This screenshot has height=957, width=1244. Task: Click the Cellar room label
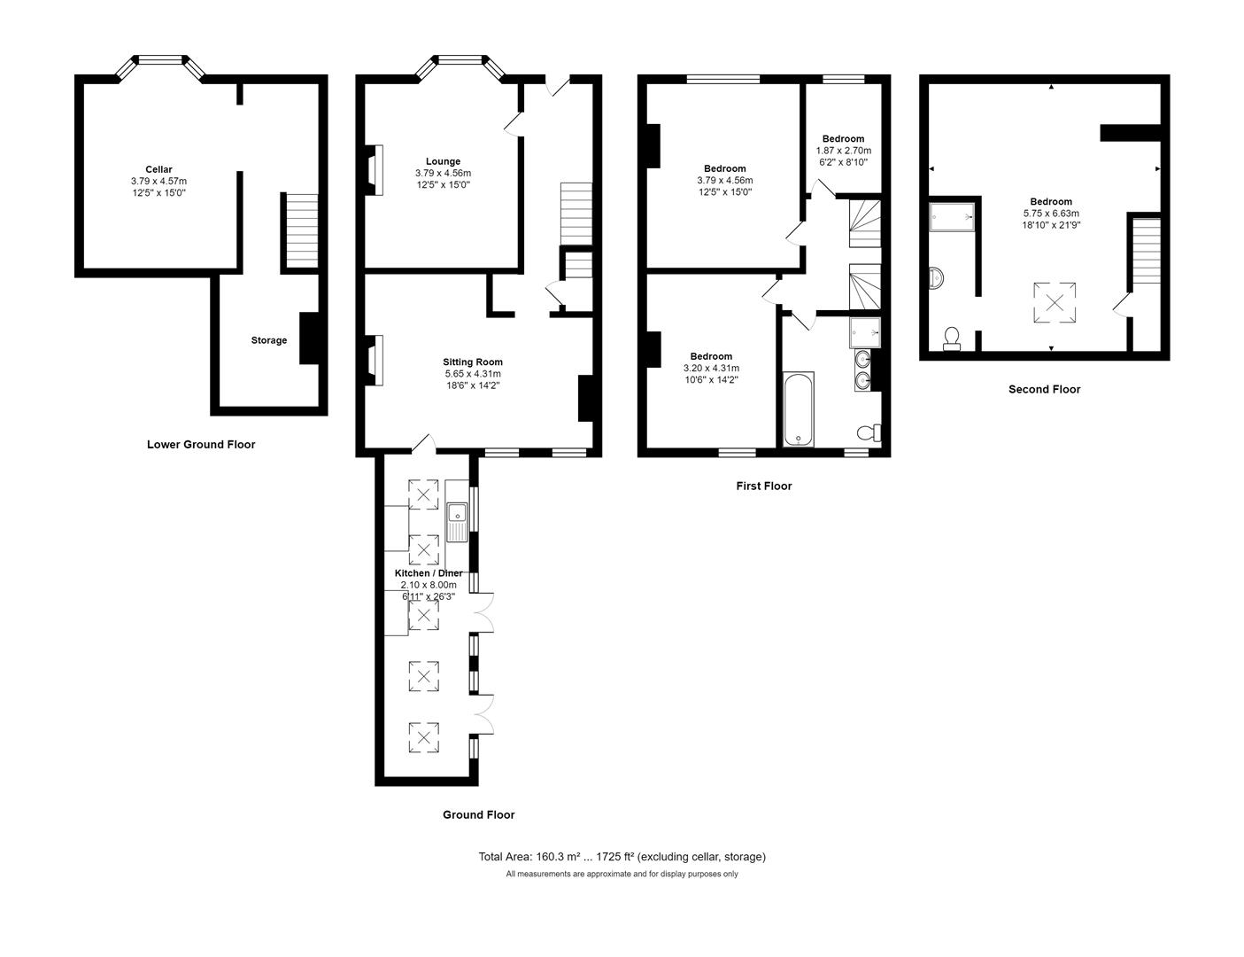click(158, 169)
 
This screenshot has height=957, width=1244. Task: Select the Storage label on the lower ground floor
click(268, 340)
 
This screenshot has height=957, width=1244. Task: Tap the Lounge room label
click(443, 161)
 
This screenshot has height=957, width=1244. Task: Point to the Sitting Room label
click(473, 362)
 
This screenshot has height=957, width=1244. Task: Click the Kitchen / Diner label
click(429, 573)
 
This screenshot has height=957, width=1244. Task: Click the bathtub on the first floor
click(798, 409)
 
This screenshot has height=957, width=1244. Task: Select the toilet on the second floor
click(953, 338)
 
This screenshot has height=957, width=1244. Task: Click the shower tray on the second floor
click(952, 215)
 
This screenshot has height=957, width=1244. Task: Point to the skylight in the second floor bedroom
click(1055, 302)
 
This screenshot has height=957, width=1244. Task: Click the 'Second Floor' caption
click(1044, 389)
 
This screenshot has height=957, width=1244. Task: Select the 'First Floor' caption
click(763, 486)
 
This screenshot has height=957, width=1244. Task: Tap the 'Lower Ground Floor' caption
click(201, 445)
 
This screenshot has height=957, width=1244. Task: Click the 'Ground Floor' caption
click(478, 814)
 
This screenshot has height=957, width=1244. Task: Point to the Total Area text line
click(622, 857)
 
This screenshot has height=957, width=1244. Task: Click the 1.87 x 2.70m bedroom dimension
click(843, 151)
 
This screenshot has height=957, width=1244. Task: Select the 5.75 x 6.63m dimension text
click(1051, 213)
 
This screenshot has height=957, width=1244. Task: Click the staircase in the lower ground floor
click(300, 230)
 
